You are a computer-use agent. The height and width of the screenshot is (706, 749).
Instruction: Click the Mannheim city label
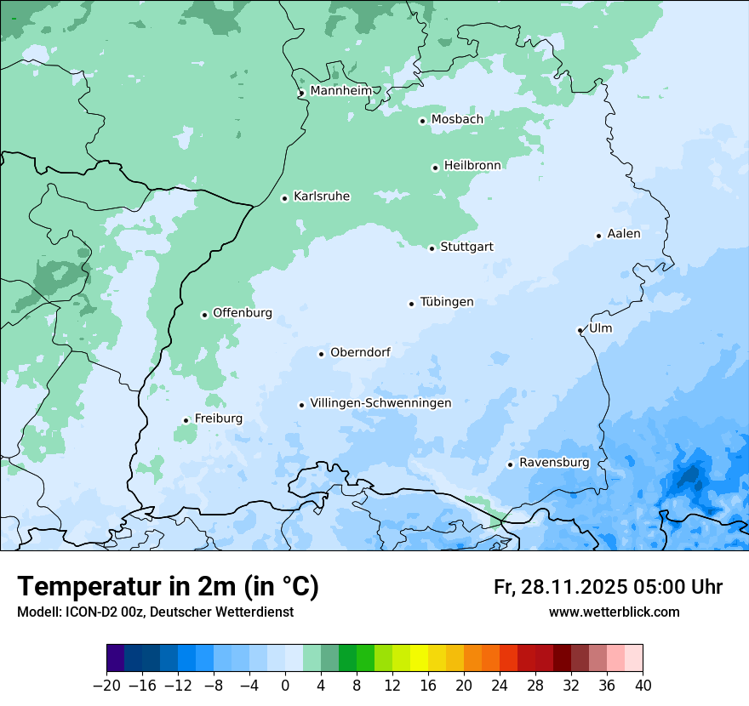[340, 90]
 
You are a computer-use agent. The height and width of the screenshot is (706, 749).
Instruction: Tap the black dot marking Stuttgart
[432, 248]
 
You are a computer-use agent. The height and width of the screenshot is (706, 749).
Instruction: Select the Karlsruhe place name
[322, 196]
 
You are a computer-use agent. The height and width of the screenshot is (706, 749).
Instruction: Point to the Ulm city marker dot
[580, 330]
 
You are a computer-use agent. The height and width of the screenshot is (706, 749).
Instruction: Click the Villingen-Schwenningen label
[380, 403]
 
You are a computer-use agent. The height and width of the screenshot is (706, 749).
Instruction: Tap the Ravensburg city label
[554, 463]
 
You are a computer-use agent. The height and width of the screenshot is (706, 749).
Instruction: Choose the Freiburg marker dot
[186, 420]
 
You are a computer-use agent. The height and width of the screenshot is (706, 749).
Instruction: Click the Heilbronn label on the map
[472, 165]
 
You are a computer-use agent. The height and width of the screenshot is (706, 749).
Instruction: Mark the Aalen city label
[624, 234]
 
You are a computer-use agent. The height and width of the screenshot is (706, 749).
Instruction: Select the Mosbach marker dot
[422, 121]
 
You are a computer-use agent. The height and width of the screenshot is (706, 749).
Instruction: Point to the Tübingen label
[447, 302]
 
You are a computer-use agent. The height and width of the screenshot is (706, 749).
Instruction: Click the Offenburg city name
[243, 313]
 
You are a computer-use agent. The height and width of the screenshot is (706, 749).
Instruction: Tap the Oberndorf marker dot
[321, 354]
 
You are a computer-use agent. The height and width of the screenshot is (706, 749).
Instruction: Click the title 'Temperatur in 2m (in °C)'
[169, 586]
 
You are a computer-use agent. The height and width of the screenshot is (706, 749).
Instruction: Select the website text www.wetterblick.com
[614, 612]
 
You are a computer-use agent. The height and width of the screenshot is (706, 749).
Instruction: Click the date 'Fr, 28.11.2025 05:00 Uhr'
[608, 587]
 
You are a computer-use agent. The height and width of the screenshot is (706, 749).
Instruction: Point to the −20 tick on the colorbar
[106, 685]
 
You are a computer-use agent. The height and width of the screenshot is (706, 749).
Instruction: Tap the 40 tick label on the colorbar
[643, 685]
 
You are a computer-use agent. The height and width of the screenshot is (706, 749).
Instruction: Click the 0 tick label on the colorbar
[285, 685]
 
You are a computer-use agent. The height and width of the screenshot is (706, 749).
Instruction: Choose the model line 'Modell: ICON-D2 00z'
[81, 612]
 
